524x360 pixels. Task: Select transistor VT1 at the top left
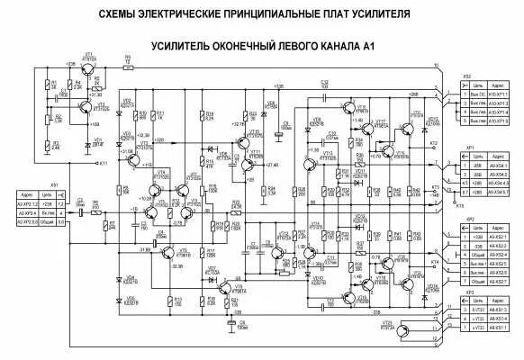(86, 68)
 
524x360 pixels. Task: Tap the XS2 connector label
(465, 76)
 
